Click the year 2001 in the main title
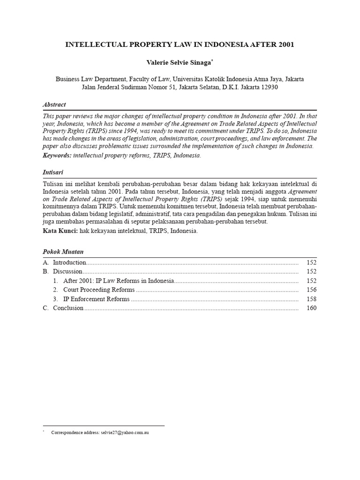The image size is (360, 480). (x=286, y=45)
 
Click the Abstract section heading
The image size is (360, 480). (x=54, y=105)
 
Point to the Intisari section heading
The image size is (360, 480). (x=52, y=172)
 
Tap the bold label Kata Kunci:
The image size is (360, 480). (x=60, y=231)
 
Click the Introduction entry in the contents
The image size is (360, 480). (x=69, y=262)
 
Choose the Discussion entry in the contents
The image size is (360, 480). (x=67, y=271)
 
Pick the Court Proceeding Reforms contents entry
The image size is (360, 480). (x=98, y=290)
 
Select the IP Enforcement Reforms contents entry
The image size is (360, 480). (x=97, y=299)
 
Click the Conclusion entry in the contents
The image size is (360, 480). (x=68, y=308)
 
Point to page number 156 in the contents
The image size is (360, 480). (x=311, y=290)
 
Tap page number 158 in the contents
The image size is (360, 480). (x=311, y=299)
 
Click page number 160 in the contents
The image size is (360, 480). (x=311, y=308)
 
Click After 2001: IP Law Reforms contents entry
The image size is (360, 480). (x=119, y=281)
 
